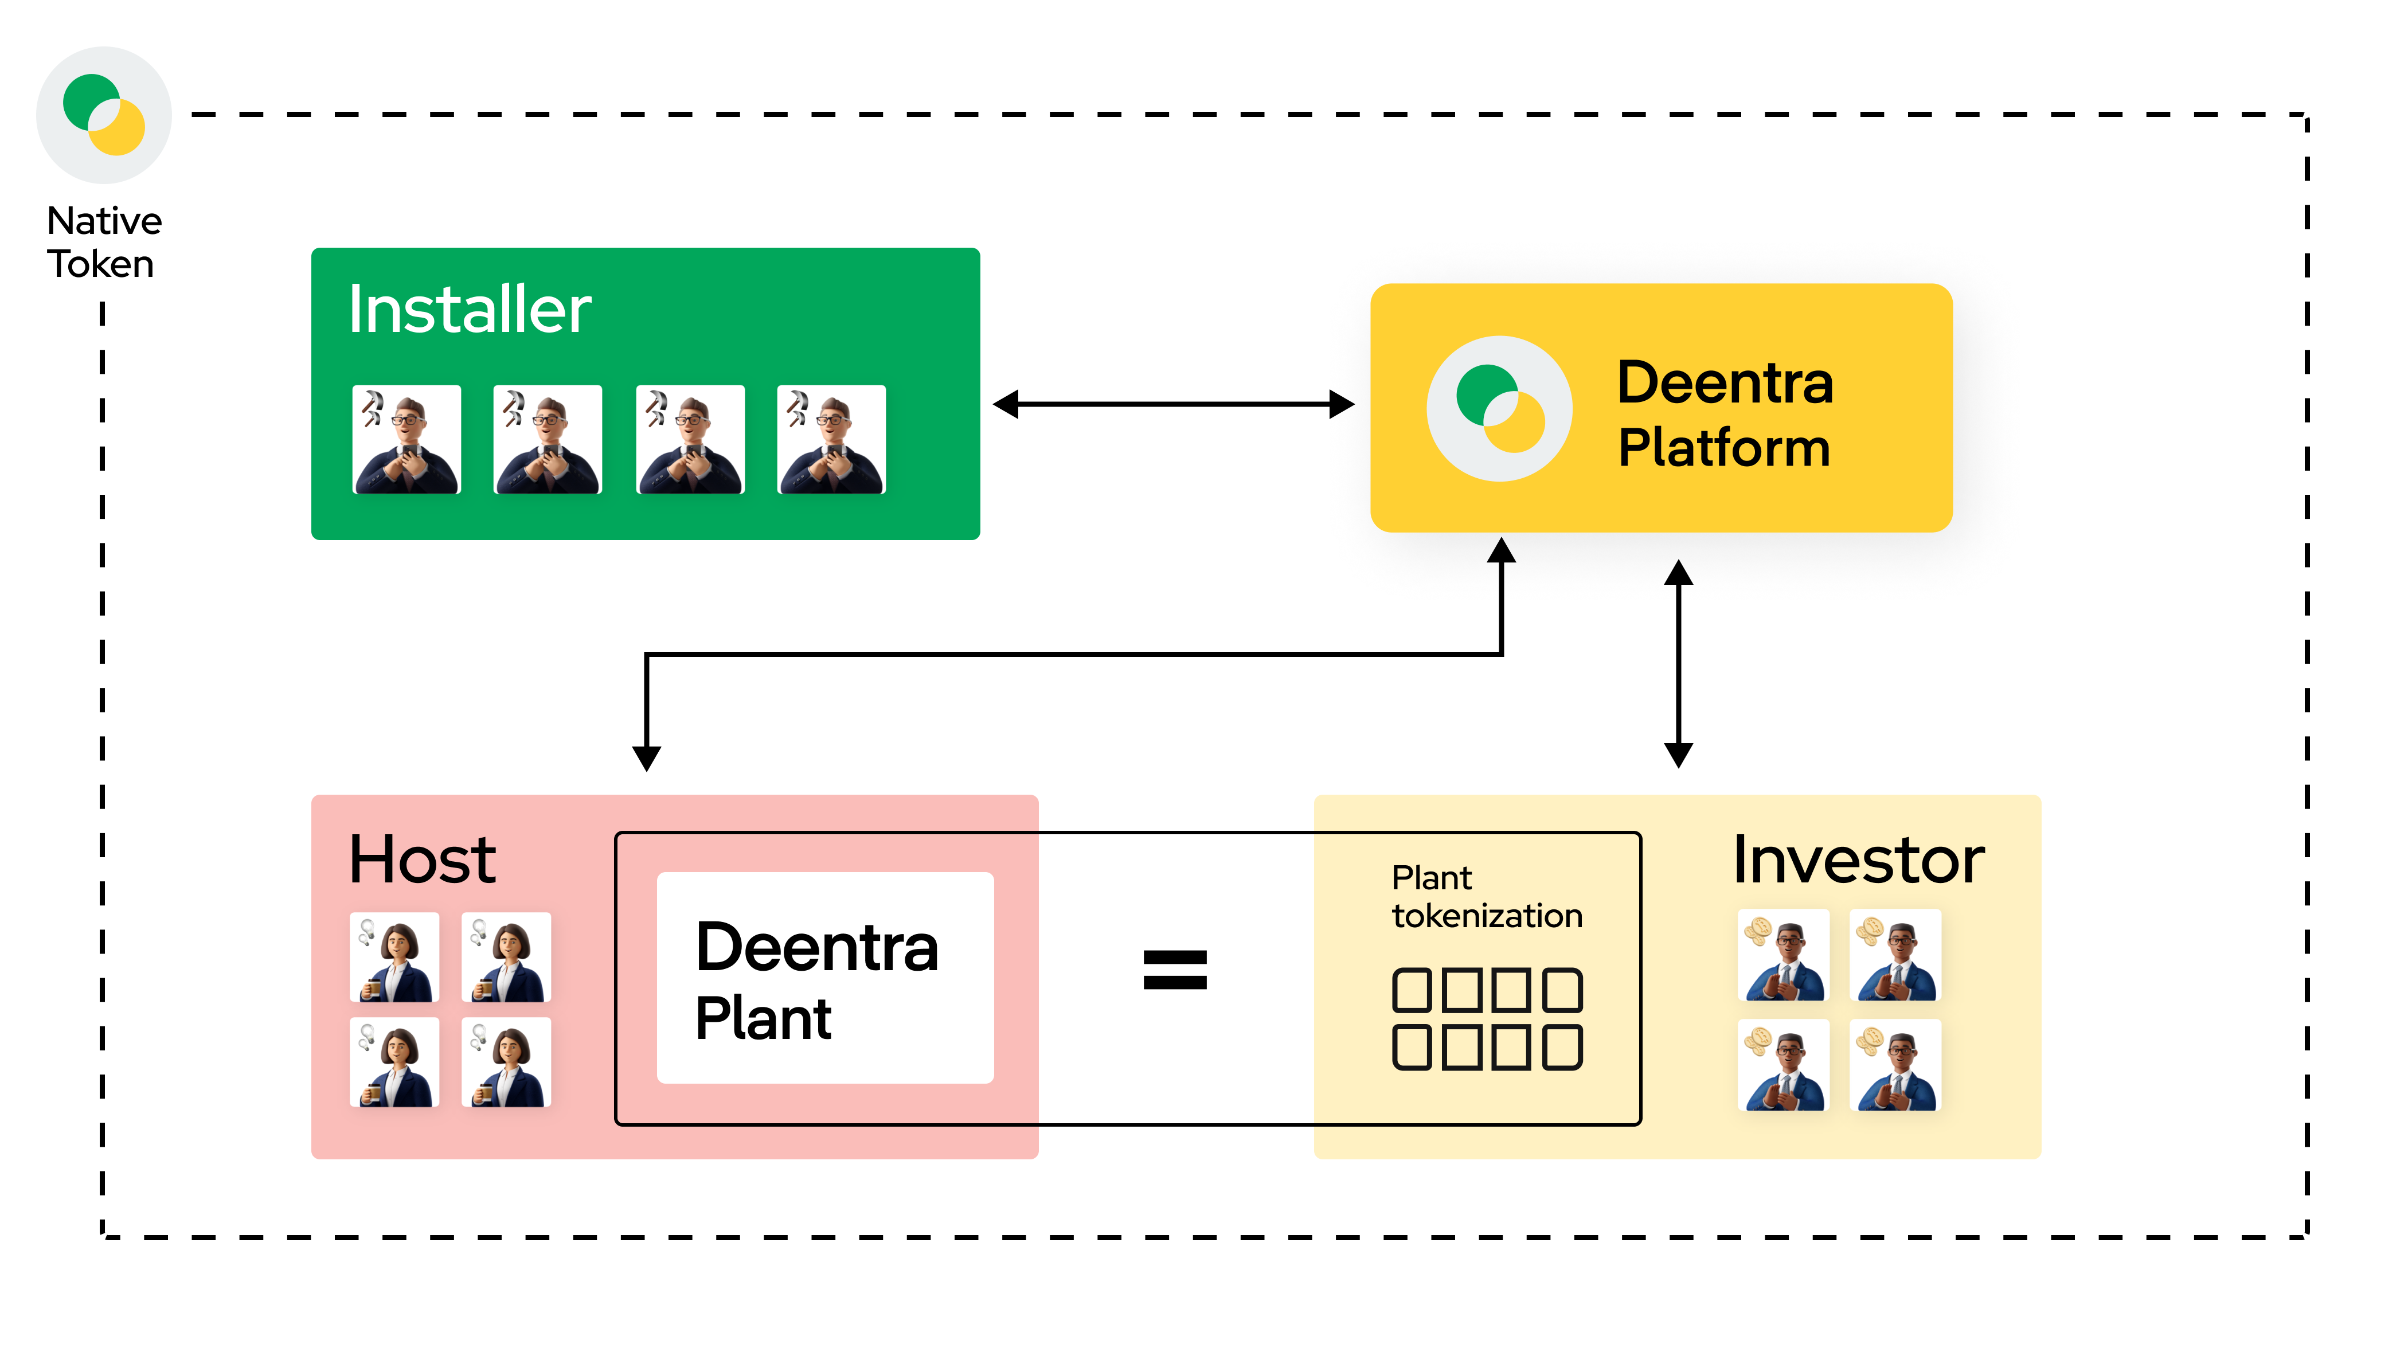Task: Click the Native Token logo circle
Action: (x=104, y=115)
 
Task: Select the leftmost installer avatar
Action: (x=406, y=439)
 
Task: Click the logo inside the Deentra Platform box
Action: (x=1499, y=409)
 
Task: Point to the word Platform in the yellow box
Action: (x=1724, y=448)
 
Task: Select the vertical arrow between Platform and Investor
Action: (x=1679, y=664)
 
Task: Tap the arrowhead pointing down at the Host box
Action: (x=646, y=757)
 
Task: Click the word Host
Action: (x=423, y=859)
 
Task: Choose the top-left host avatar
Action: (x=394, y=958)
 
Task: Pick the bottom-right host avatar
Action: (x=507, y=1062)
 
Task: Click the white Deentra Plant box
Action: (x=826, y=978)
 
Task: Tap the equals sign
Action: (x=1175, y=970)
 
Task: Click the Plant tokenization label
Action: (x=1486, y=897)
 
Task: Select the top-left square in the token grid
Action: (x=1412, y=990)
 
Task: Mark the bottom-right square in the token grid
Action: (x=1562, y=1047)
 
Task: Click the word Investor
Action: (x=1858, y=859)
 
